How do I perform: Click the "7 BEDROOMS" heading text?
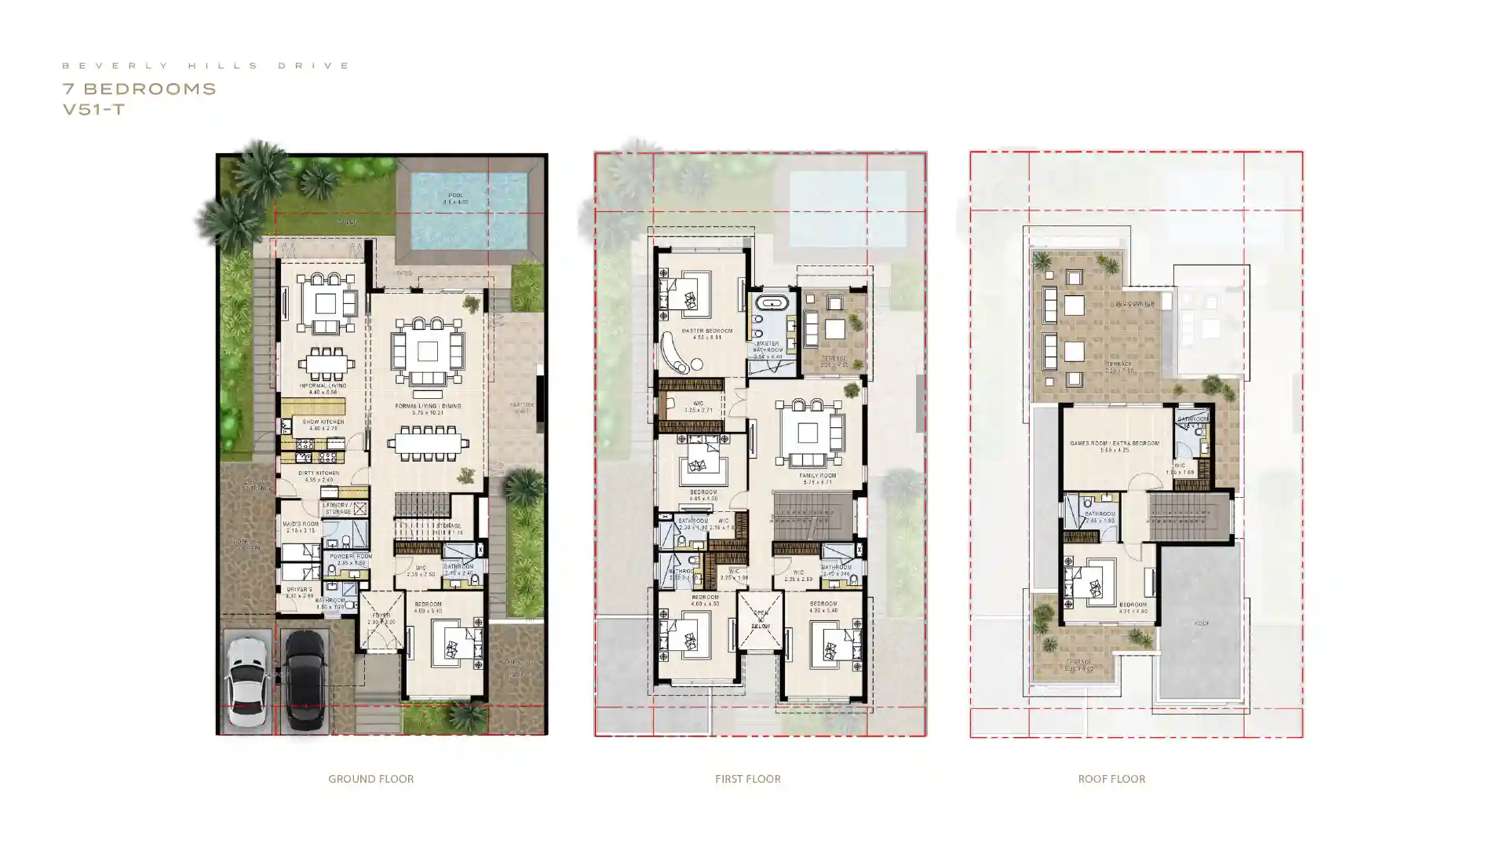point(139,89)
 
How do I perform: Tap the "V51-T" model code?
point(93,110)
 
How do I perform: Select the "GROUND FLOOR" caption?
point(370,779)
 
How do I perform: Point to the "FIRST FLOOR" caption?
point(747,779)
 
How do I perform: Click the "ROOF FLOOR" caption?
point(1111,779)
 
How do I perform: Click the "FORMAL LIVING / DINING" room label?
point(428,406)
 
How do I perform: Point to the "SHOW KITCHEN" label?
point(323,422)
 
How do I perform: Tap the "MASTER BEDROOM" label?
point(706,331)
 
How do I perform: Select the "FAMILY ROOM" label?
point(817,476)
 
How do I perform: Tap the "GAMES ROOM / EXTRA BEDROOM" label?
point(1114,444)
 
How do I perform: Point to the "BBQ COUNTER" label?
point(1134,304)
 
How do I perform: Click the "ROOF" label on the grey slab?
point(1201,623)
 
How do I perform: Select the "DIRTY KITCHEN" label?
point(319,473)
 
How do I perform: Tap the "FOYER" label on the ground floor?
point(381,616)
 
